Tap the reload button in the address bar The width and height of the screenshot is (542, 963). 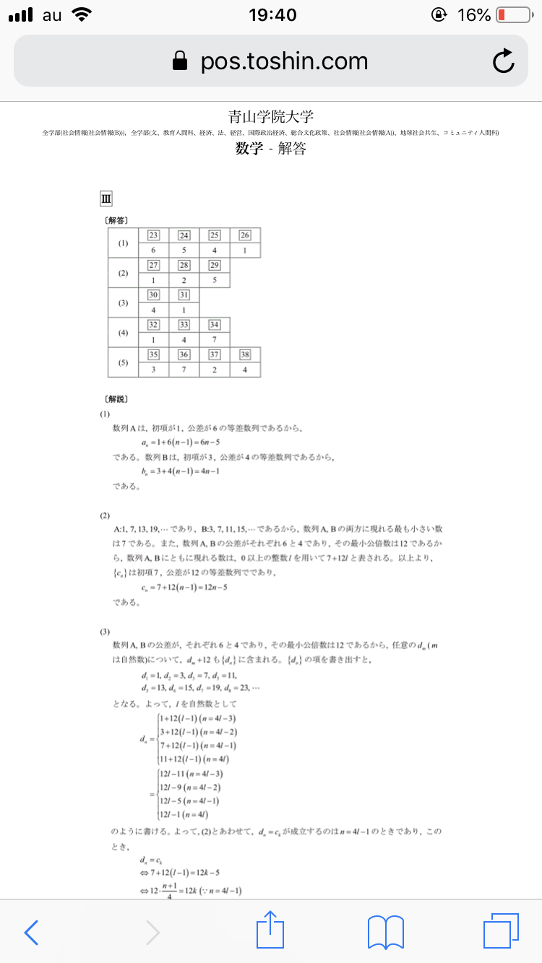[x=503, y=62]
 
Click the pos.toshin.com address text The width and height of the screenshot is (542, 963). [x=284, y=62]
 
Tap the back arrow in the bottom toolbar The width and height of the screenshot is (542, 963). [x=31, y=932]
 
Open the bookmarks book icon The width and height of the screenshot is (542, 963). [x=386, y=932]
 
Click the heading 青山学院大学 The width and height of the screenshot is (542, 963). [x=270, y=117]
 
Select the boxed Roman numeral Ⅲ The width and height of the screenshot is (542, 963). [x=106, y=199]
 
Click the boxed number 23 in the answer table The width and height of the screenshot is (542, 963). [x=154, y=235]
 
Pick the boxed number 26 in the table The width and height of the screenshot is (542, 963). [x=245, y=235]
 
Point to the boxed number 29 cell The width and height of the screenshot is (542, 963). [x=215, y=266]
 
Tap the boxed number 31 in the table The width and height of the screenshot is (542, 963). [x=184, y=295]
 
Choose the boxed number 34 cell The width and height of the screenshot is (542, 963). [x=215, y=325]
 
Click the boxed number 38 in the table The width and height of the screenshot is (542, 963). [x=245, y=354]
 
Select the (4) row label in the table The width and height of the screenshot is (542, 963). [x=123, y=332]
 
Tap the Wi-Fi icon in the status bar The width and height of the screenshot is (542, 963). [x=83, y=14]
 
